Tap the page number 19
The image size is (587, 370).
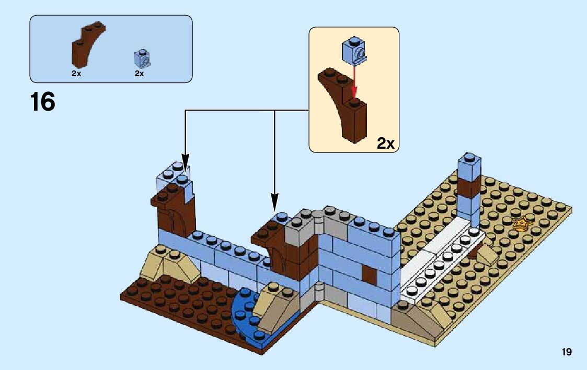point(567,352)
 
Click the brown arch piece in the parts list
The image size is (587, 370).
point(86,46)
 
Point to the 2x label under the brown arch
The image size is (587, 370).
point(76,74)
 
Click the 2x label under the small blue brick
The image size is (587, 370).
point(139,74)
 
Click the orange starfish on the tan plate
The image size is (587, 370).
point(521,224)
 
